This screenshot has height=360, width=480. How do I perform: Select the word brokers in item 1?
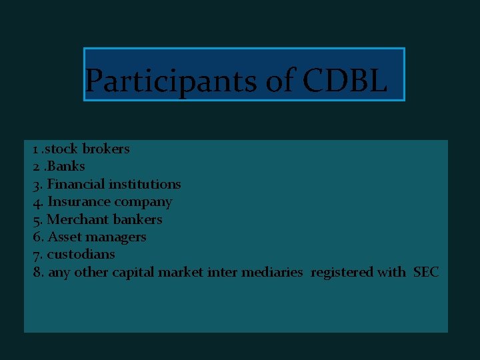(106, 149)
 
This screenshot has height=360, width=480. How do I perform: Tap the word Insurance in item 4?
(77, 201)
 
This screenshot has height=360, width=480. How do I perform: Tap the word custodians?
(81, 254)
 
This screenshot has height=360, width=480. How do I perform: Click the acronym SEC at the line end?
(426, 272)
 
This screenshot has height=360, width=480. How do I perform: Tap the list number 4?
(37, 201)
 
